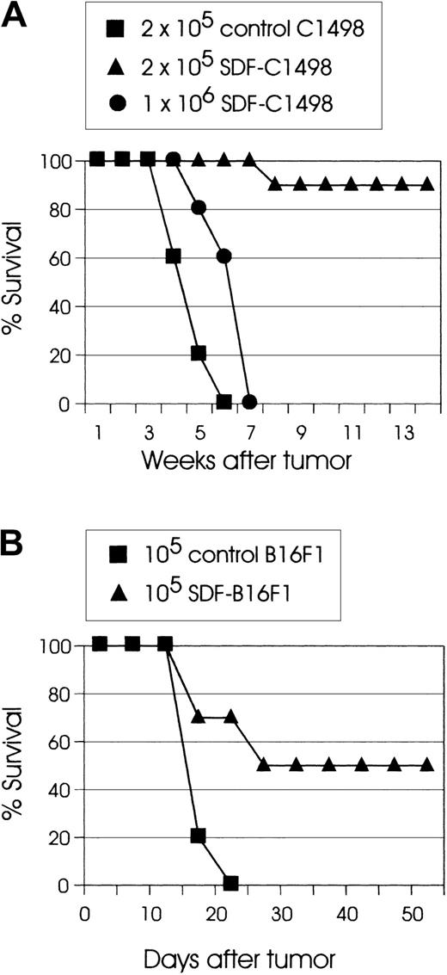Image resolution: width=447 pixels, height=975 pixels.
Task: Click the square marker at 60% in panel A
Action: tap(173, 256)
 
